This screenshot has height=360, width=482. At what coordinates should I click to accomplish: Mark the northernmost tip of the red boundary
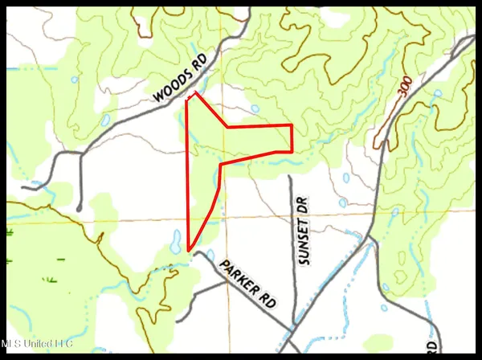(x=195, y=93)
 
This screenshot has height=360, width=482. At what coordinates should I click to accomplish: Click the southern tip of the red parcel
(x=189, y=250)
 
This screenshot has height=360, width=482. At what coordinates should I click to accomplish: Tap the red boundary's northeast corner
(x=291, y=126)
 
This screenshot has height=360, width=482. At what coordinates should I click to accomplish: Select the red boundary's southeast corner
(x=291, y=151)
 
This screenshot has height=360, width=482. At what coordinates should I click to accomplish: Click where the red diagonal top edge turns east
(x=227, y=127)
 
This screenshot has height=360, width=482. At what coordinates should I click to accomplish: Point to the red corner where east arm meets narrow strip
(x=220, y=163)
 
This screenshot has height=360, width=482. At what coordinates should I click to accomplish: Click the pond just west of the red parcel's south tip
(x=174, y=239)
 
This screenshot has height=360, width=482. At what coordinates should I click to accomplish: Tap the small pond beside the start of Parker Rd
(x=210, y=255)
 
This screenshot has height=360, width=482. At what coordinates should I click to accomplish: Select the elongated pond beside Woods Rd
(x=105, y=121)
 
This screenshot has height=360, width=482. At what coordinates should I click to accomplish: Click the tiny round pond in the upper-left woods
(x=73, y=80)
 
